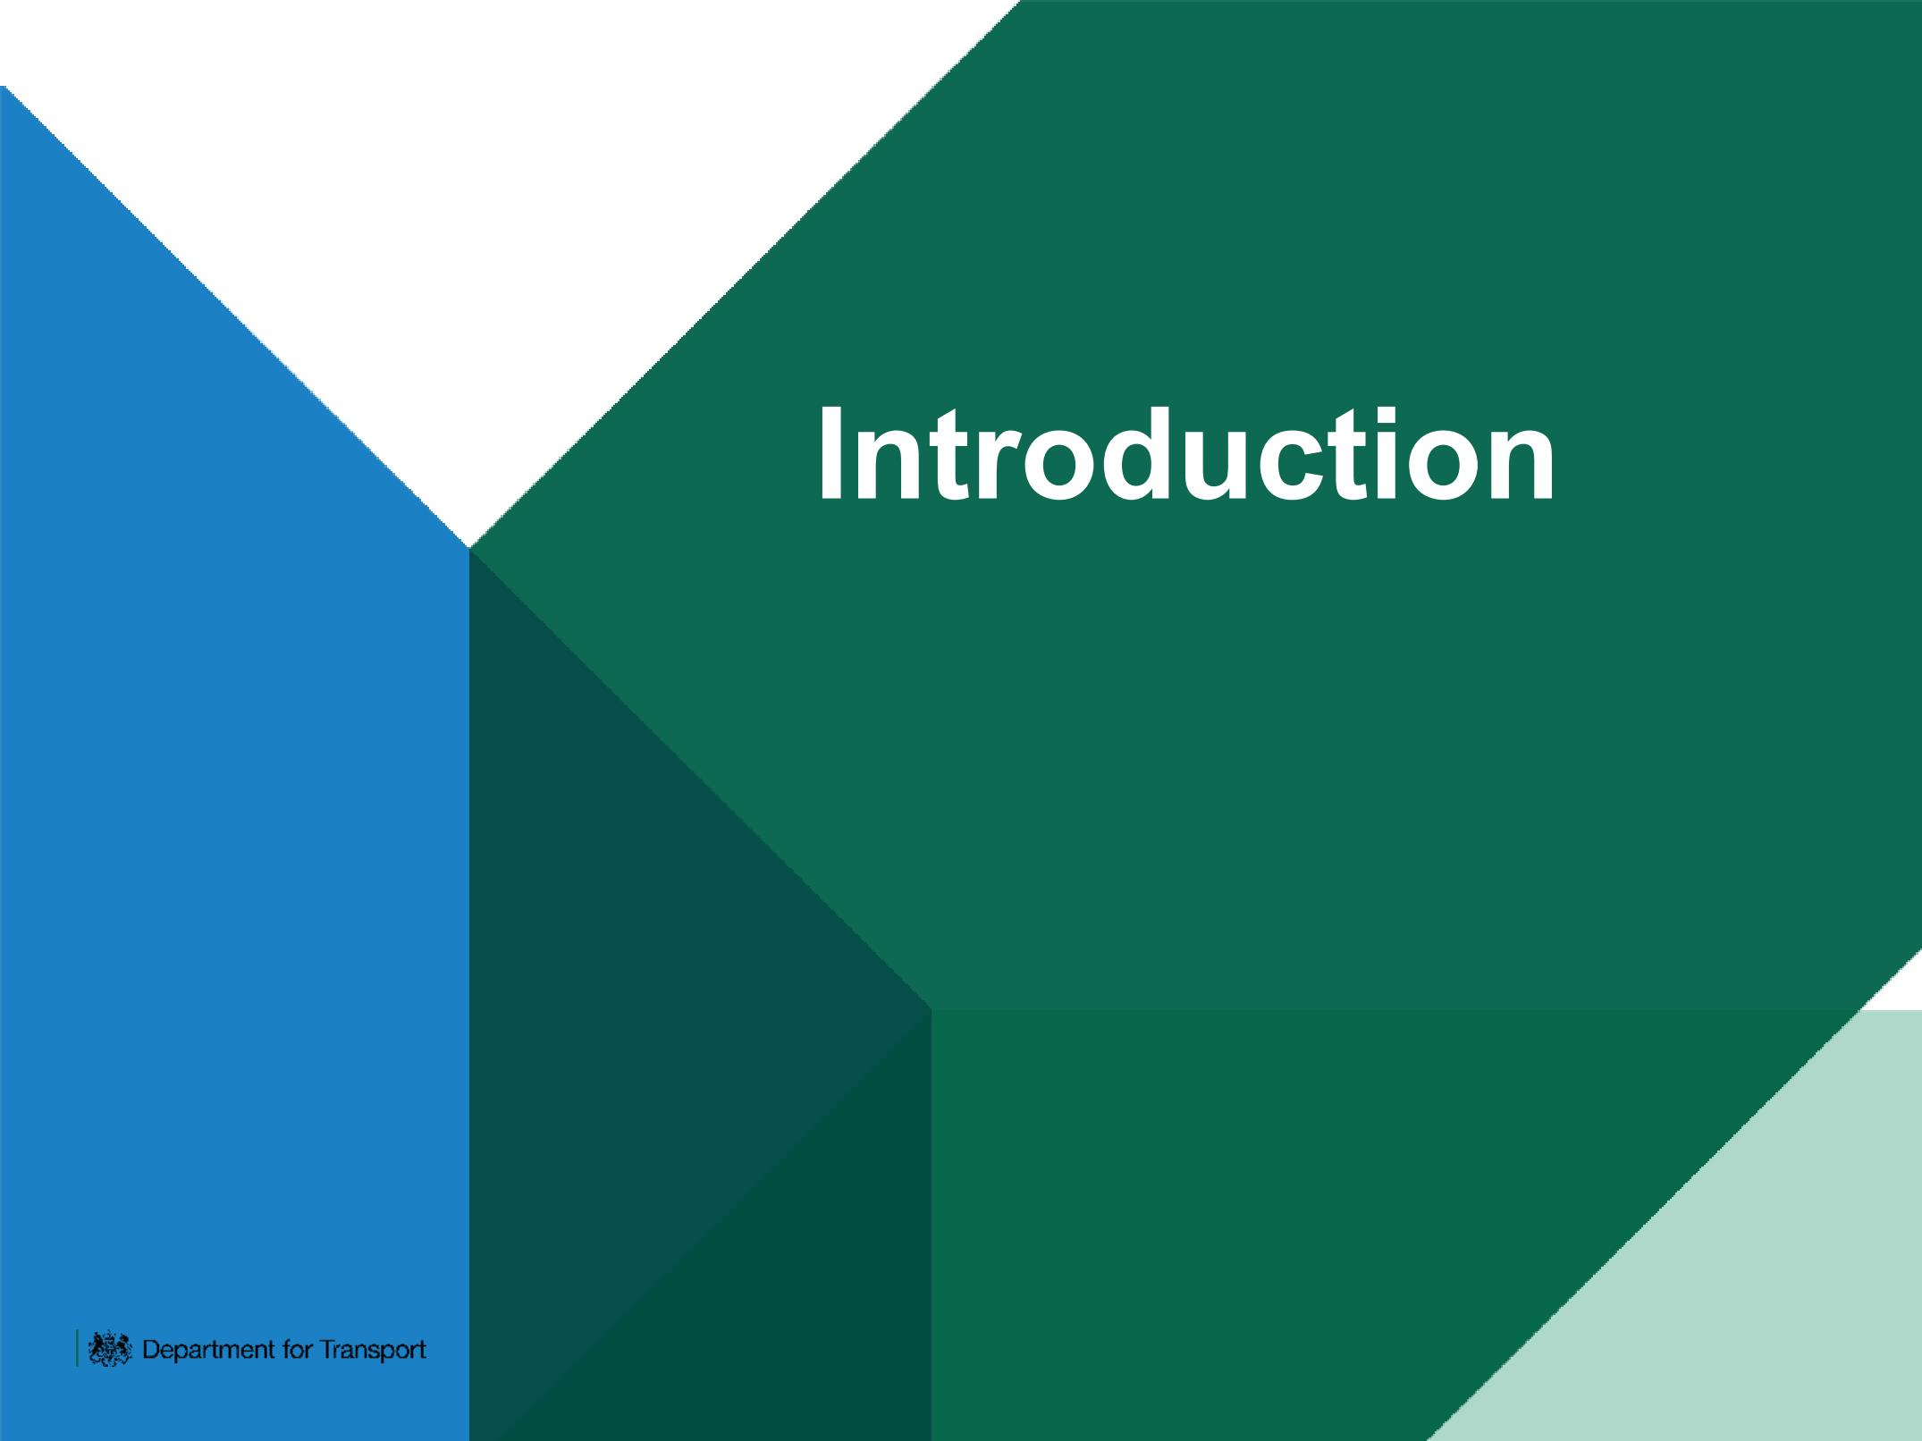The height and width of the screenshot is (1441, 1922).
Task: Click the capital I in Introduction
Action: pyautogui.click(x=830, y=453)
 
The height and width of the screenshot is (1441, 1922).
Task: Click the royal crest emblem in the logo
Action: pyautogui.click(x=111, y=1348)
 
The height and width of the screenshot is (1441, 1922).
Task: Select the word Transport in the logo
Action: pyautogui.click(x=374, y=1350)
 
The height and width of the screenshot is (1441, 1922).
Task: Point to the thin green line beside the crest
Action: pyautogui.click(x=77, y=1348)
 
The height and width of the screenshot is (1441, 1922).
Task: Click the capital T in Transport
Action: pyautogui.click(x=329, y=1348)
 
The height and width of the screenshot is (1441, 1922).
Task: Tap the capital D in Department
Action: pyautogui.click(x=152, y=1348)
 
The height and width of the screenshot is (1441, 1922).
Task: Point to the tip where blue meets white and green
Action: pyautogui.click(x=468, y=547)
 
